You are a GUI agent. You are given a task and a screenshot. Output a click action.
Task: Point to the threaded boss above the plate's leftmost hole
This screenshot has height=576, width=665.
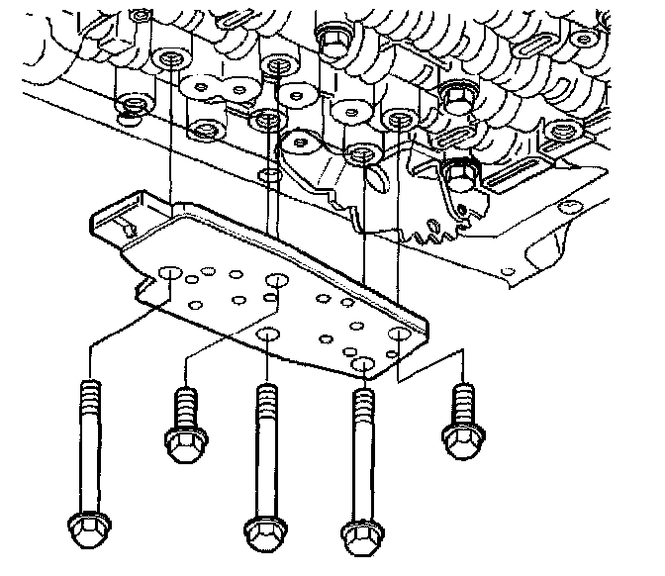(171, 59)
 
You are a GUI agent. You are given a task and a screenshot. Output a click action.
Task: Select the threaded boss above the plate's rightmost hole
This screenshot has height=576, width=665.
(398, 120)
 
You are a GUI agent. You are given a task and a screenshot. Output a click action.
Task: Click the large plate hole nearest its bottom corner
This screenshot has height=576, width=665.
(364, 368)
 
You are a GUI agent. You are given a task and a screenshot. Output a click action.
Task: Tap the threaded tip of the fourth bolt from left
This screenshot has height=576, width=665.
(362, 401)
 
